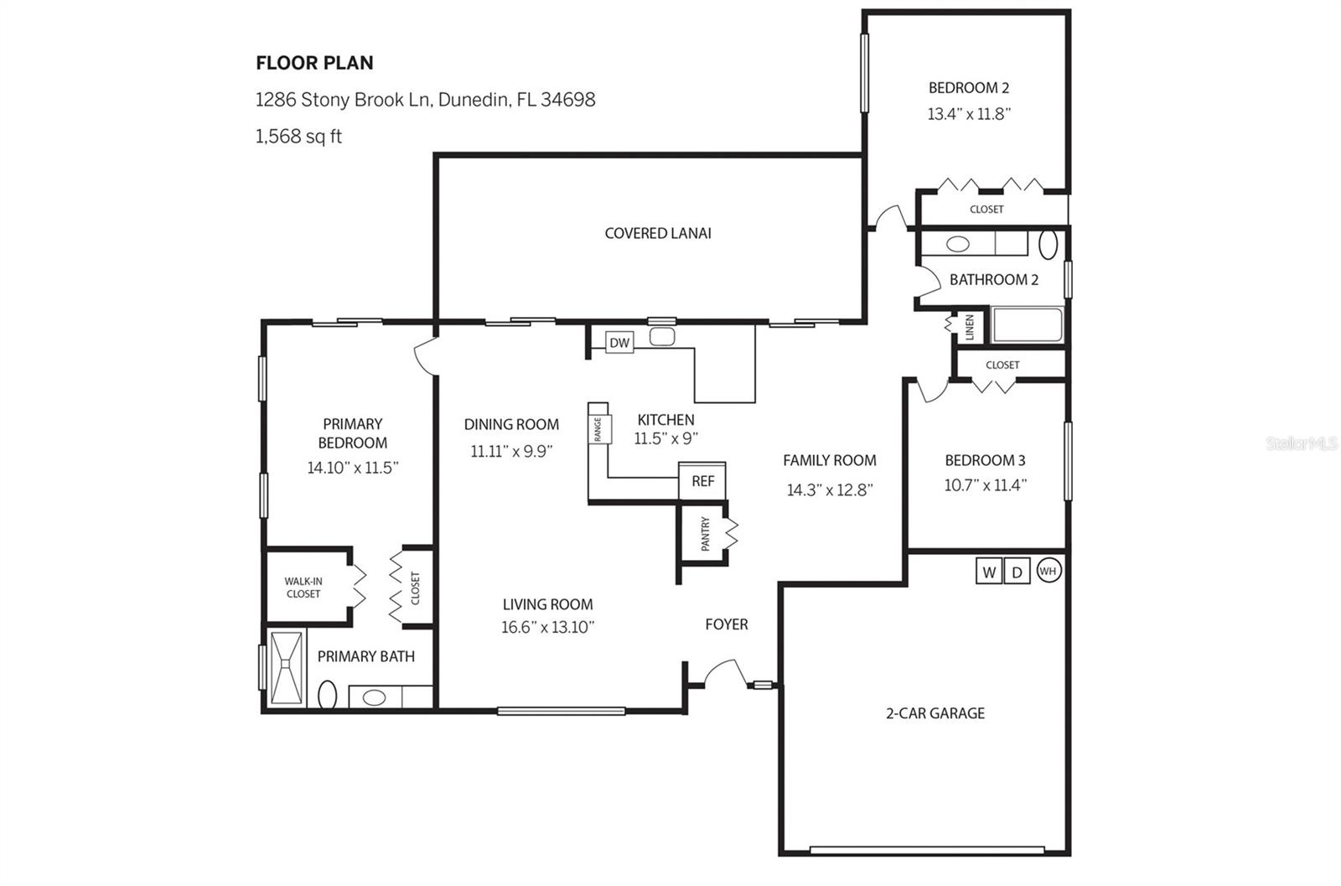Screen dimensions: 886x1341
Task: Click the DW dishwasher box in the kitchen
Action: pos(619,342)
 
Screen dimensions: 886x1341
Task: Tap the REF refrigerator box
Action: pos(702,481)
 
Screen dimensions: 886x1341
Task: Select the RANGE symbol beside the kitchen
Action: pos(598,429)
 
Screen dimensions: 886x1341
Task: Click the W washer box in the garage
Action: pos(989,572)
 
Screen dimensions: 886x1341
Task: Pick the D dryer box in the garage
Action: pos(1017,572)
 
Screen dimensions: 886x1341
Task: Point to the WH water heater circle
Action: pos(1048,571)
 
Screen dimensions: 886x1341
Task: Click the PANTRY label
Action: pos(705,534)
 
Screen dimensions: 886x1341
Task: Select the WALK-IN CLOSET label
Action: pos(303,588)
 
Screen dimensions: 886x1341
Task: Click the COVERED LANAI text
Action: pos(658,233)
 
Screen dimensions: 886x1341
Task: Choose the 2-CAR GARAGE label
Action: pos(935,713)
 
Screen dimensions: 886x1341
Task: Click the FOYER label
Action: pos(726,624)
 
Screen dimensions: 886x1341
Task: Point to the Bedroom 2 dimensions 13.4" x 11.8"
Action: pos(969,114)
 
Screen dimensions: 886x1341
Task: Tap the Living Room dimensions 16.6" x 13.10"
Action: pos(547,627)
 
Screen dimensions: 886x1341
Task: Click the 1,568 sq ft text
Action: pos(298,136)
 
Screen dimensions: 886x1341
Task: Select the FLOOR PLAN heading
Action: pos(314,63)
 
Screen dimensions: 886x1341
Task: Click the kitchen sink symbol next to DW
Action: pos(661,338)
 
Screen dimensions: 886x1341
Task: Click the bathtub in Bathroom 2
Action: pos(1027,325)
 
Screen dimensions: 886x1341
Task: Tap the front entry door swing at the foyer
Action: pos(724,673)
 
